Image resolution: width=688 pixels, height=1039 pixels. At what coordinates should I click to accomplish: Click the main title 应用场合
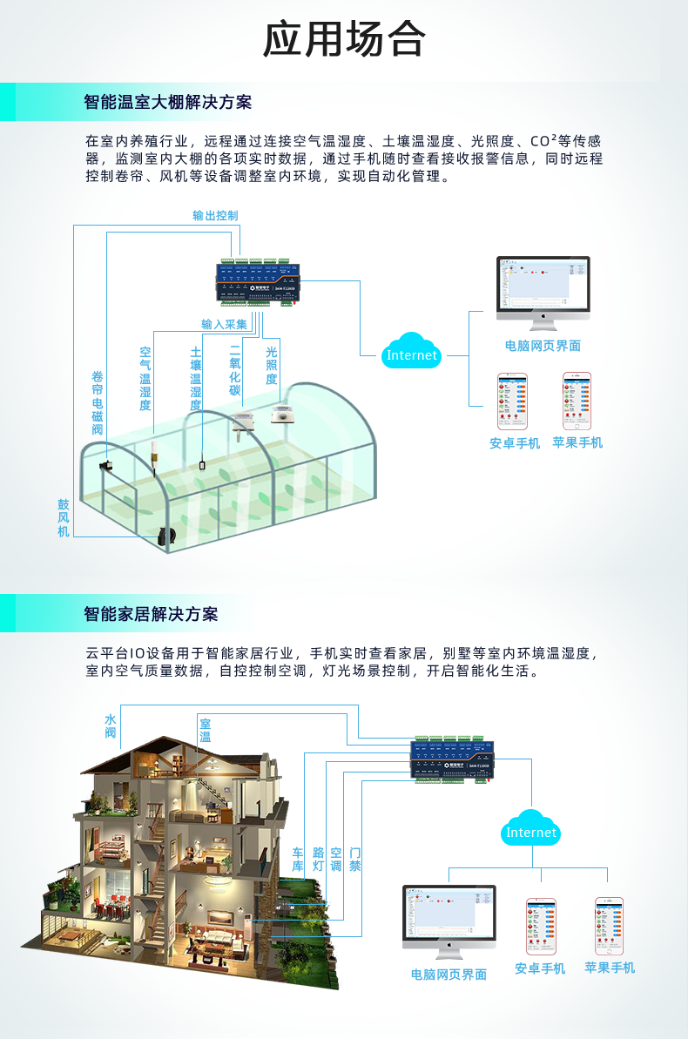[344, 39]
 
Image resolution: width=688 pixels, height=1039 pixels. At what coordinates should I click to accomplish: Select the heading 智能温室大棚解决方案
[167, 102]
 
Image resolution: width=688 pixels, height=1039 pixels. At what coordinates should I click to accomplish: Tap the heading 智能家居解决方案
[151, 614]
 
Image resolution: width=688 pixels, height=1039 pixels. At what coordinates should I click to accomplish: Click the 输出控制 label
[215, 216]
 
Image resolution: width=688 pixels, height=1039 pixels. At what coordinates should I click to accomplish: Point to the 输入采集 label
[225, 324]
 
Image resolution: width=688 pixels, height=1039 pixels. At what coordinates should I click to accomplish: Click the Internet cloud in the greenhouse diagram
[412, 353]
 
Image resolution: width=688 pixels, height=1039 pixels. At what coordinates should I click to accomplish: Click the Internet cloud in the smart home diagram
[531, 830]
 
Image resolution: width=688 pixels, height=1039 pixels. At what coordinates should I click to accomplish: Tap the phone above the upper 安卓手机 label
[513, 401]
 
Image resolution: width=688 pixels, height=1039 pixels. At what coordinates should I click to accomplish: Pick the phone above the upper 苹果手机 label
[577, 401]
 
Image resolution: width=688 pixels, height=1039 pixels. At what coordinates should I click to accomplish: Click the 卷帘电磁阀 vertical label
[98, 403]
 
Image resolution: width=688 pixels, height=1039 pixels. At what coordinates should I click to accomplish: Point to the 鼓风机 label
[64, 517]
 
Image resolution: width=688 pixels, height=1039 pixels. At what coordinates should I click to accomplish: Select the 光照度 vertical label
[272, 366]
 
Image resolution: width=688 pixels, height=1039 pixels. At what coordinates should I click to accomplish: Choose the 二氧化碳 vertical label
[234, 369]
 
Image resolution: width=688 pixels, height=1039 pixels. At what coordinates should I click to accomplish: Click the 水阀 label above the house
[111, 726]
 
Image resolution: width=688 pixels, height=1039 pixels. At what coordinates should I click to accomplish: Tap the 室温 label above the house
[206, 730]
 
